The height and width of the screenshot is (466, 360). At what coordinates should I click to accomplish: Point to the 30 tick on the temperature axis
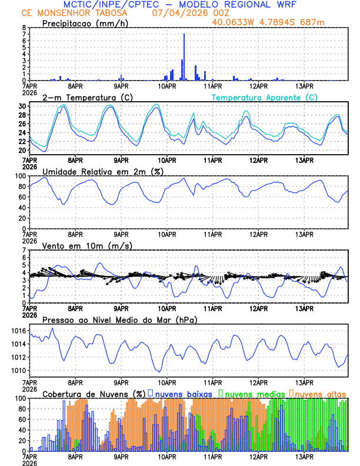tap(22, 106)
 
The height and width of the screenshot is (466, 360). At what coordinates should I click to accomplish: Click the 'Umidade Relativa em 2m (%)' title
tap(102, 171)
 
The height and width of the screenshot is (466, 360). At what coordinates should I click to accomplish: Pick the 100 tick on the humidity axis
tap(21, 176)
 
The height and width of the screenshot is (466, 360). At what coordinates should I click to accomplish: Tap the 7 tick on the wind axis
tap(24, 250)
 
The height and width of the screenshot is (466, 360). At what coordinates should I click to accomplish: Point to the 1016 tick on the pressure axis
tap(19, 331)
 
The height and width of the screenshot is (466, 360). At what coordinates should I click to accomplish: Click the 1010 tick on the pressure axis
tap(19, 371)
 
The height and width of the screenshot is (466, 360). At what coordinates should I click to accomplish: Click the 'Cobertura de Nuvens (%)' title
tap(94, 393)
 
